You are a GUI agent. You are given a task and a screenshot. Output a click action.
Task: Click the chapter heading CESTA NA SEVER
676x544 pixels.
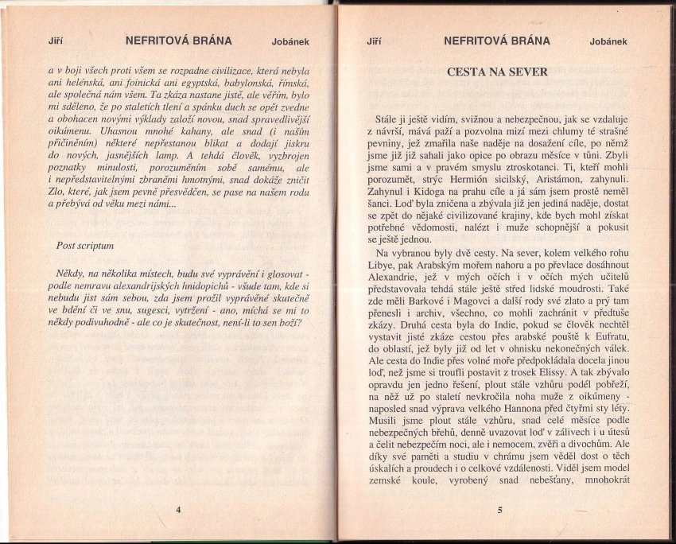click(497, 72)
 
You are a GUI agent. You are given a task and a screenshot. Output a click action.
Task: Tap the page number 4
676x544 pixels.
click(178, 509)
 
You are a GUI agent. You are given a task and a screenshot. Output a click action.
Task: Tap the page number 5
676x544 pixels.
click(499, 510)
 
